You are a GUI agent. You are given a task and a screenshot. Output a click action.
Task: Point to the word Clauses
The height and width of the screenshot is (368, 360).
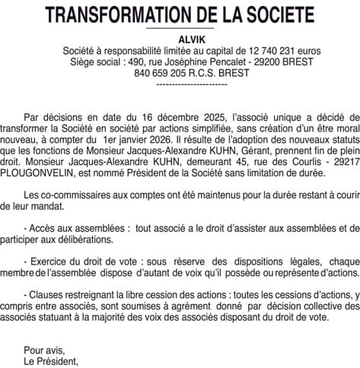coord(47,293)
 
